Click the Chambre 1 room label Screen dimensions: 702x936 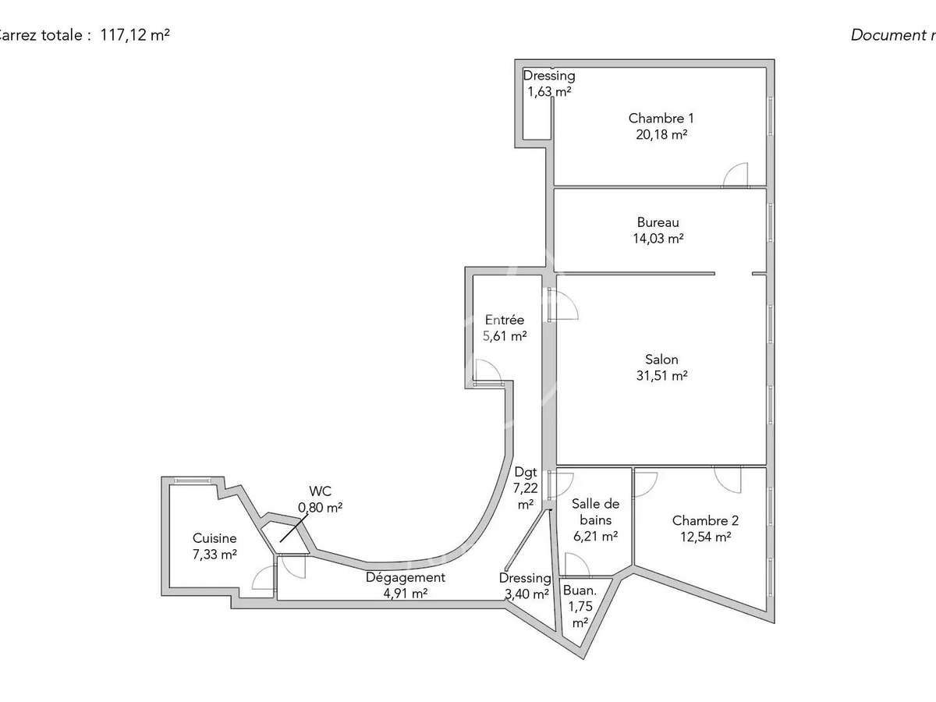pyautogui.click(x=661, y=119)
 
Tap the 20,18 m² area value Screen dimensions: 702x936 pyautogui.click(x=661, y=134)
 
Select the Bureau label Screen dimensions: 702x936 pyautogui.click(x=658, y=223)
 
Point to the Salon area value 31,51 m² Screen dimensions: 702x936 pyautogui.click(x=661, y=375)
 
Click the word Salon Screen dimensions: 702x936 pyautogui.click(x=661, y=360)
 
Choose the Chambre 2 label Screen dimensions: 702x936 pyautogui.click(x=705, y=521)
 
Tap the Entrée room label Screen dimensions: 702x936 pyautogui.click(x=505, y=320)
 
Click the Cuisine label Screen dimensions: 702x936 pyautogui.click(x=214, y=538)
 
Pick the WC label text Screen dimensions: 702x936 pyautogui.click(x=320, y=491)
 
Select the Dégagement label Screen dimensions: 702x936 pyautogui.click(x=406, y=578)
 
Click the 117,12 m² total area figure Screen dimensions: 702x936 pyautogui.click(x=135, y=35)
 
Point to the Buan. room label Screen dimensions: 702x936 pyautogui.click(x=580, y=590)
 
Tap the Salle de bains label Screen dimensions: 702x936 pyautogui.click(x=594, y=512)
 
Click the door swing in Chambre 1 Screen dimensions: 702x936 pyautogui.click(x=736, y=175)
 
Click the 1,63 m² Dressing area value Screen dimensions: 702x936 pyautogui.click(x=548, y=91)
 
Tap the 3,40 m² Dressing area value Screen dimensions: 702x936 pyautogui.click(x=525, y=593)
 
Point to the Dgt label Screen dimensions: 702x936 pyautogui.click(x=524, y=472)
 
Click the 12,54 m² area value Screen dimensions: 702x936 pyautogui.click(x=705, y=537)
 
